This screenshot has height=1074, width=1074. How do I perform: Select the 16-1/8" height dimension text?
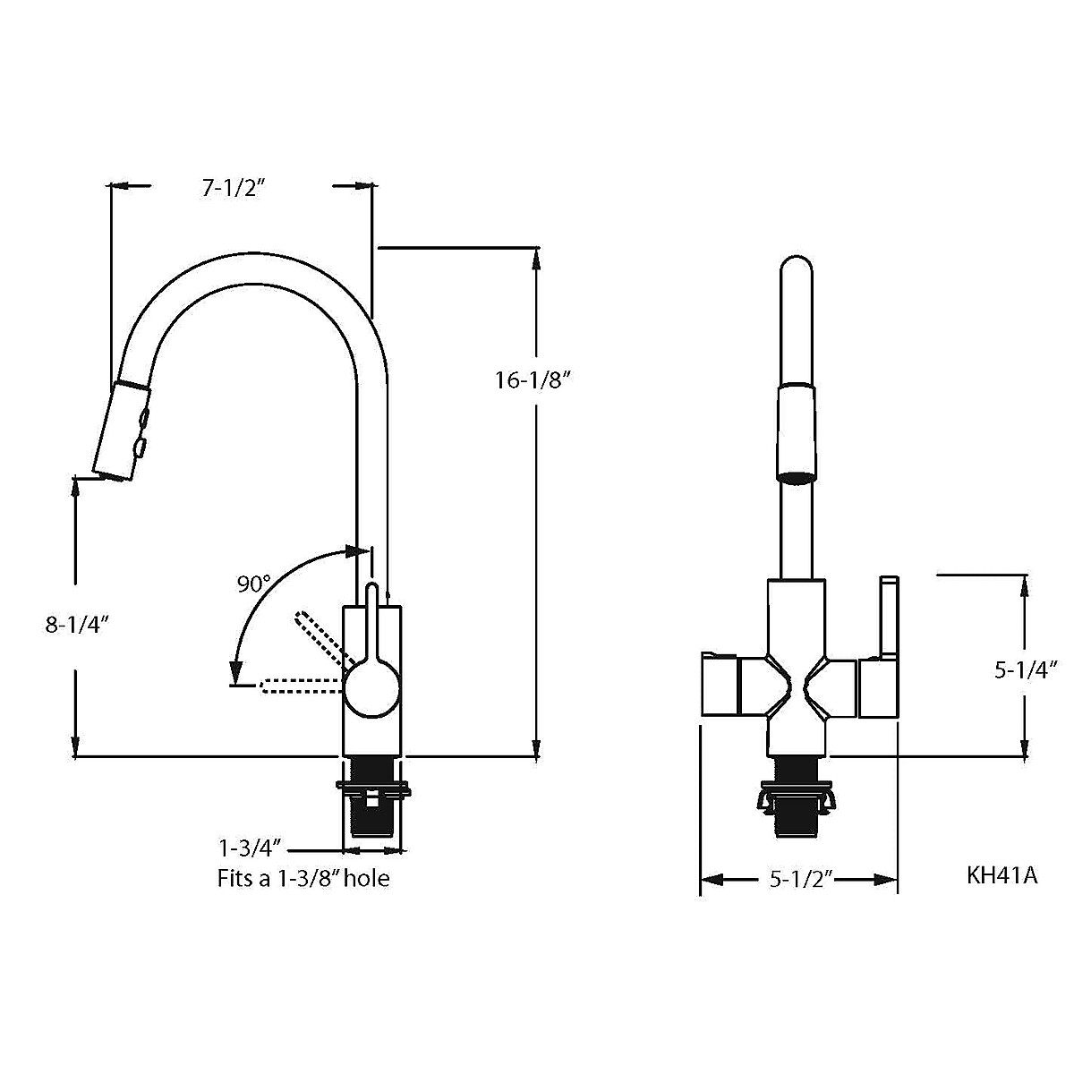(533, 380)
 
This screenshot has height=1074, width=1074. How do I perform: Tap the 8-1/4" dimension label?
(77, 625)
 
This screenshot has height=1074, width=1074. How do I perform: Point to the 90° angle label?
(253, 584)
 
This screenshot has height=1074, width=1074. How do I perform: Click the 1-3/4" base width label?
(251, 847)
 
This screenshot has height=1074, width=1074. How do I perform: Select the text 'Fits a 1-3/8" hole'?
(303, 879)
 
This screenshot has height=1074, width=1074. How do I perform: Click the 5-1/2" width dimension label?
(801, 880)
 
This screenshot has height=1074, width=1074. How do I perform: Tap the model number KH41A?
(1002, 874)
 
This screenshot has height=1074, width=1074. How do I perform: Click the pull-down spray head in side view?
(121, 430)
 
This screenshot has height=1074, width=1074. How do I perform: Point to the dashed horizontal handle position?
(300, 687)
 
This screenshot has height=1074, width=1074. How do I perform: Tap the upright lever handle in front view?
(888, 618)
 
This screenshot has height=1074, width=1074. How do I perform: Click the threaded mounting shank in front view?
(795, 797)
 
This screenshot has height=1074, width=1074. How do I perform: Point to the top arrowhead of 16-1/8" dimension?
(536, 256)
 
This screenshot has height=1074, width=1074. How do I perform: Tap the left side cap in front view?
(719, 686)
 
